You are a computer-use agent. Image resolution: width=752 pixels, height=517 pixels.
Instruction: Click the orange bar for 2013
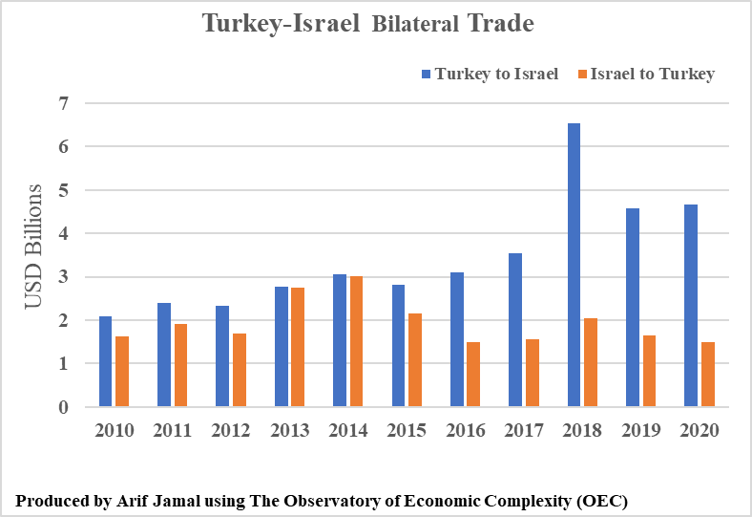click(x=298, y=348)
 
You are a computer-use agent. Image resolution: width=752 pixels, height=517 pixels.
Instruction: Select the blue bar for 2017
click(x=515, y=331)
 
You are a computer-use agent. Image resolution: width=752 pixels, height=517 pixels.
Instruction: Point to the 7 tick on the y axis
click(x=64, y=102)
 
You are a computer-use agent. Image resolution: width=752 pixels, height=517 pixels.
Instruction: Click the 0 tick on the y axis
click(x=64, y=407)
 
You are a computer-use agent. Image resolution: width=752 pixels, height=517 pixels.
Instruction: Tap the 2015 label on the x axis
click(x=407, y=430)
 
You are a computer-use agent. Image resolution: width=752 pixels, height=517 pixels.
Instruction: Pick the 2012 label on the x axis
click(x=231, y=430)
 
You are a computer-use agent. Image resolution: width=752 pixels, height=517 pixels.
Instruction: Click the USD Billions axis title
click(x=32, y=246)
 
